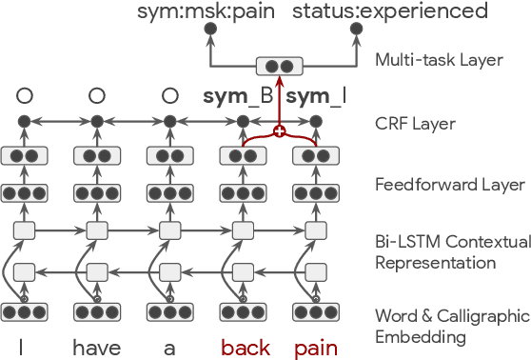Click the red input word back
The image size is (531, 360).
[244, 348]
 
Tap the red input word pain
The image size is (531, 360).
[315, 348]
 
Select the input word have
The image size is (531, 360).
[96, 348]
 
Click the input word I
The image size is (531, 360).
[24, 348]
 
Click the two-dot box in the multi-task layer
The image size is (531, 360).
[279, 67]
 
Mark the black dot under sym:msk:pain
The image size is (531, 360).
[210, 30]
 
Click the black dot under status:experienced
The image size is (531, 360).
[356, 30]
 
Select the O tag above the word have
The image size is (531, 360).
[96, 95]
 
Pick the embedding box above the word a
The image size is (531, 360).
[169, 312]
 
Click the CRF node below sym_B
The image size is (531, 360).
[243, 122]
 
